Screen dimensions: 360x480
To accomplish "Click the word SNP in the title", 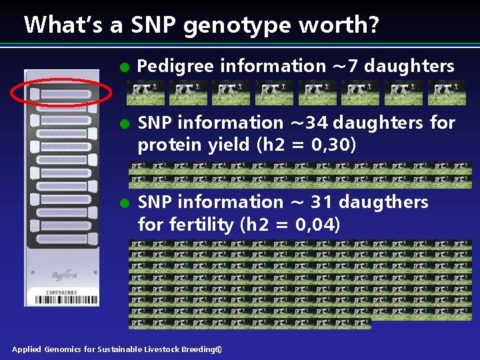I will click(x=154, y=25).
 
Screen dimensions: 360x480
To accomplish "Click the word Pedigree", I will click(x=175, y=66).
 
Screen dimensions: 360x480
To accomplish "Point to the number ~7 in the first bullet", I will click(x=345, y=66).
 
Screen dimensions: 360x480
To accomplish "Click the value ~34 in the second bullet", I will click(x=310, y=123).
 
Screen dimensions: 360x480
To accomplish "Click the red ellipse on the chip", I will click(x=61, y=93).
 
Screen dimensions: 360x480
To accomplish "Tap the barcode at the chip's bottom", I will click(x=62, y=299).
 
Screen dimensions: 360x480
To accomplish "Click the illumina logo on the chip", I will click(x=64, y=274).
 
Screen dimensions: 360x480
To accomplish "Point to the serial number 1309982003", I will click(x=62, y=292).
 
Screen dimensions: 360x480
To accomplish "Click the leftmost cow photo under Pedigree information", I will click(x=145, y=93).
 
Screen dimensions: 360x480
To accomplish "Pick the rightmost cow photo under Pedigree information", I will click(x=447, y=93).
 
